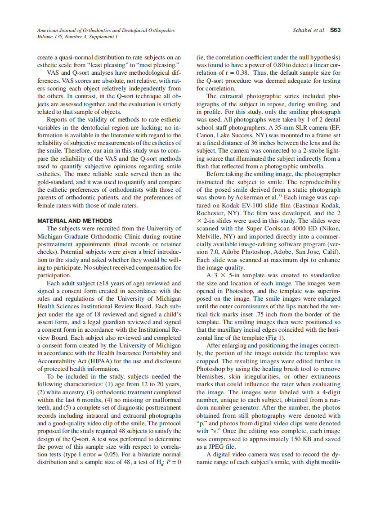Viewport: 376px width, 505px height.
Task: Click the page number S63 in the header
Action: [x=335, y=30]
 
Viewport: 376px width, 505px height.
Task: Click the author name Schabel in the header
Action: [x=302, y=30]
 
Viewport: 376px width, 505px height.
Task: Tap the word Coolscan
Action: [x=267, y=229]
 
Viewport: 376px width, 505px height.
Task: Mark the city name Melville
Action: [x=208, y=236]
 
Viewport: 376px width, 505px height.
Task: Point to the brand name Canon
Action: [x=206, y=135]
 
